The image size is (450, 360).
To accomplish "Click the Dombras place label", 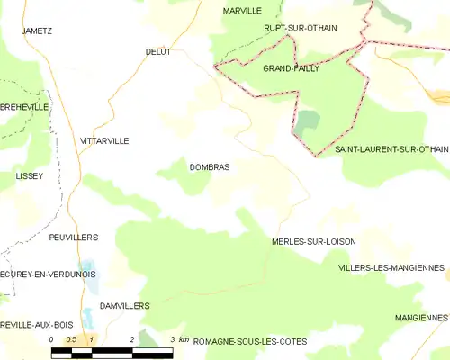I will pyautogui.click(x=209, y=167).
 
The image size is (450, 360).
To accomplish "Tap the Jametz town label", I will pyautogui.click(x=37, y=30).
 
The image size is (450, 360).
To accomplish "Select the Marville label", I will pyautogui.click(x=241, y=11).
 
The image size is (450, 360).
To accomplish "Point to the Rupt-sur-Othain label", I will pyautogui.click(x=301, y=28).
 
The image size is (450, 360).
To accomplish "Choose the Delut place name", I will pyautogui.click(x=158, y=53).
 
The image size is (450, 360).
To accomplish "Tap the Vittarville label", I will pyautogui.click(x=104, y=141).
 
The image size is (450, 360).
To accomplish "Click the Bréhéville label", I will pyautogui.click(x=23, y=105).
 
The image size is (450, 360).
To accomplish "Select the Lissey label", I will pyautogui.click(x=29, y=176).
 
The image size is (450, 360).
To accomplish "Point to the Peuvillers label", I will pyautogui.click(x=73, y=237).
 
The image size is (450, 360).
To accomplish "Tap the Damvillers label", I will pyautogui.click(x=124, y=306).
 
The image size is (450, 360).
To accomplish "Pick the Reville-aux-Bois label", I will pyautogui.click(x=37, y=324).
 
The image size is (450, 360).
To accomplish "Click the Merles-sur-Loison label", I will pyautogui.click(x=313, y=242).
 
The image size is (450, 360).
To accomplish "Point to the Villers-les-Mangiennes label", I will pyautogui.click(x=391, y=268).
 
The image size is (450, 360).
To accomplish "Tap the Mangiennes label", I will pyautogui.click(x=420, y=318).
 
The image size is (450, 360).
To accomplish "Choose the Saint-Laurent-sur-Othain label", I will pyautogui.click(x=391, y=148).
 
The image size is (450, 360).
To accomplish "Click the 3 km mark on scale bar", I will pyautogui.click(x=172, y=339).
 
